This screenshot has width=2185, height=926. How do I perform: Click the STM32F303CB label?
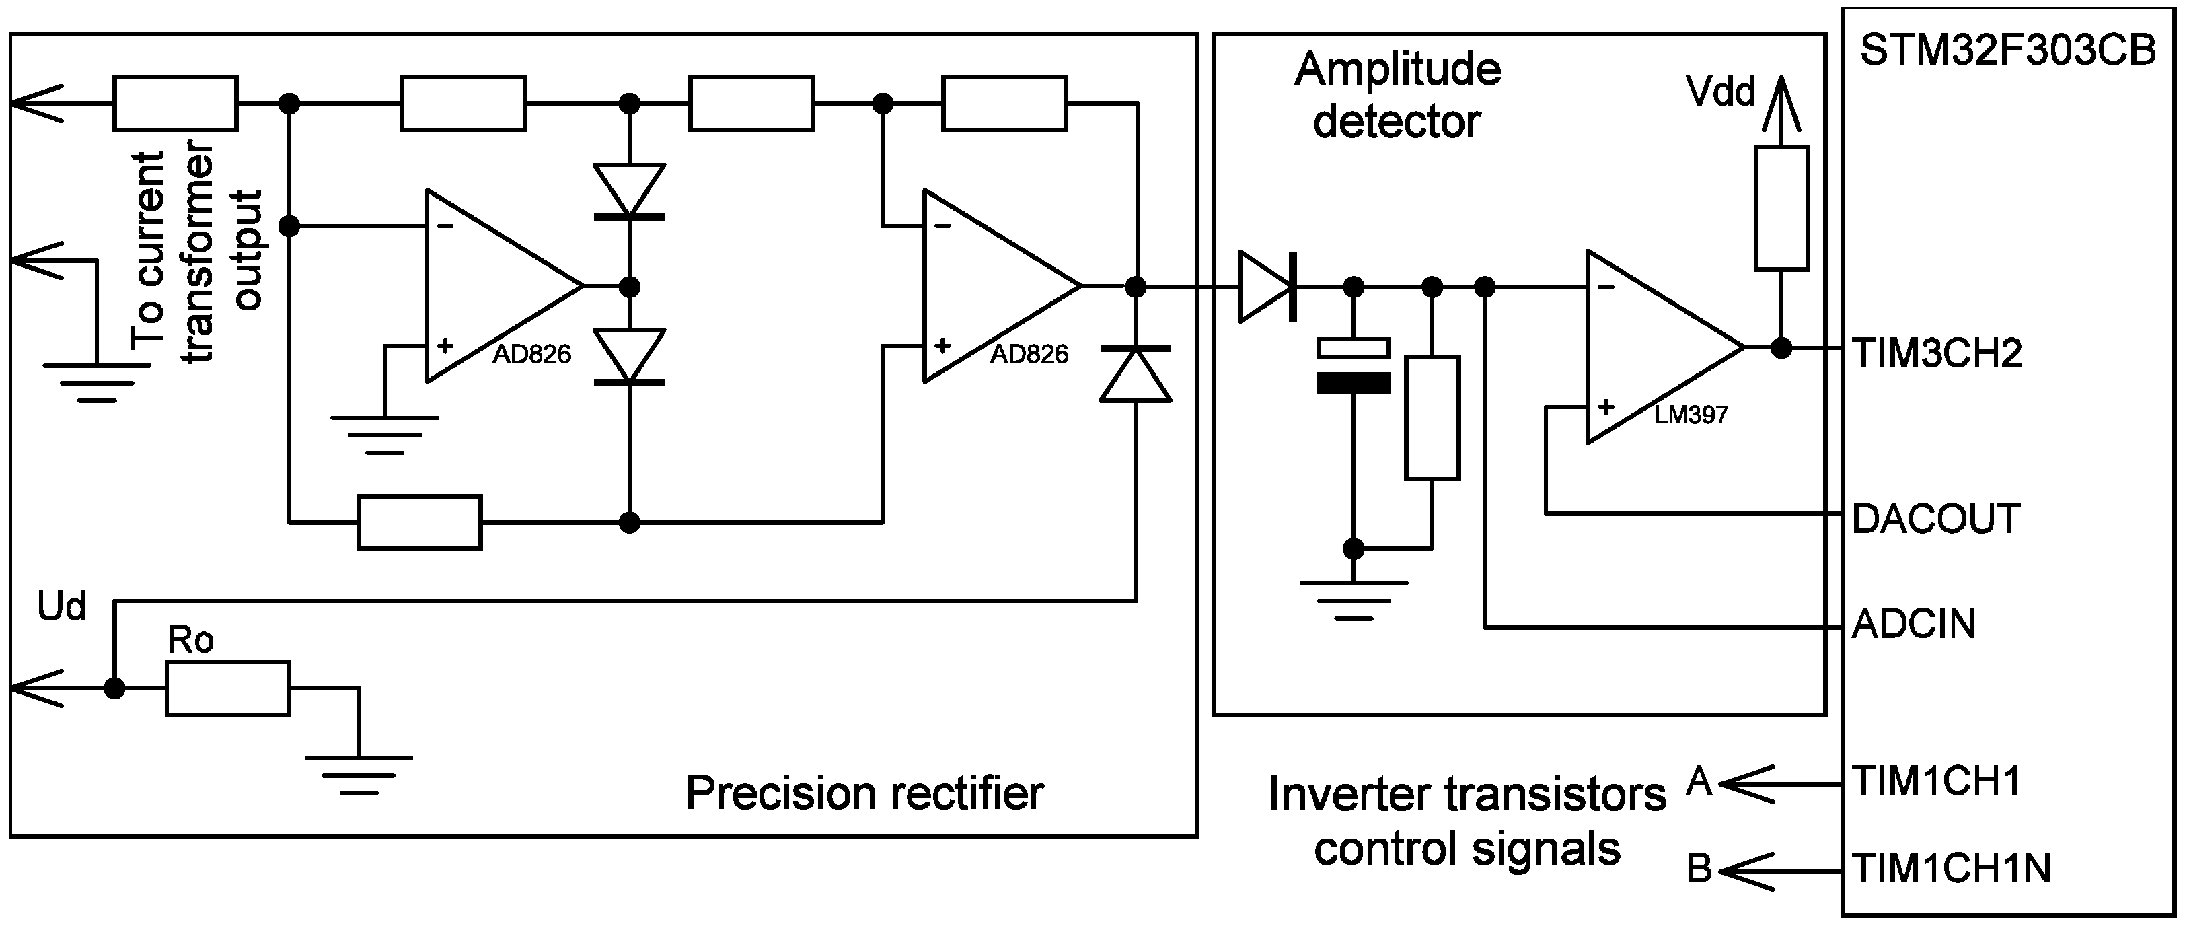click(2007, 52)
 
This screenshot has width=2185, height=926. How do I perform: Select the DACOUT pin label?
click(1935, 519)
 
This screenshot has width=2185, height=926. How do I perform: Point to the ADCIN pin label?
click(1914, 624)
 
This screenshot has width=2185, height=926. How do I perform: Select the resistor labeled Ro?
click(227, 688)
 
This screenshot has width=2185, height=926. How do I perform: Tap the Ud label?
click(61, 607)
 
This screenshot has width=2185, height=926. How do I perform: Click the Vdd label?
click(1721, 92)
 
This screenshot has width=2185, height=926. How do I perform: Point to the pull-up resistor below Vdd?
click(1781, 209)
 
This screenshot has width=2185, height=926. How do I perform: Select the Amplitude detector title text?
click(1397, 95)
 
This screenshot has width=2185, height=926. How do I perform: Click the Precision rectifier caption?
click(864, 793)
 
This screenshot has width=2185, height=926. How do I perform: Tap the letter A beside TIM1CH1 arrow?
click(1699, 781)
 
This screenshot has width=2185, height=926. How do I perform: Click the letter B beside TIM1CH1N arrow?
click(1699, 869)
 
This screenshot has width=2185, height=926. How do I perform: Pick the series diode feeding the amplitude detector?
click(1267, 287)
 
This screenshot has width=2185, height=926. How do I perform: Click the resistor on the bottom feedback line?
click(419, 523)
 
